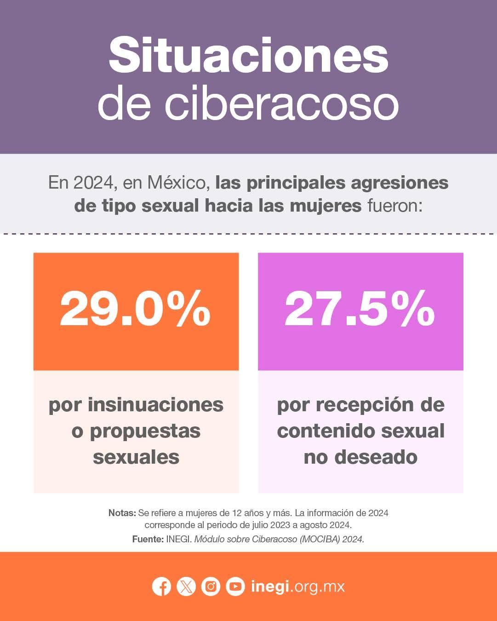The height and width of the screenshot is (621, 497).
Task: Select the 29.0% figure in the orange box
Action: pyautogui.click(x=135, y=308)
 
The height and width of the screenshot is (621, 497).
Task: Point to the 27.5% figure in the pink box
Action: pyautogui.click(x=360, y=308)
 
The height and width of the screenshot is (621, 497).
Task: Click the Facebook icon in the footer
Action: pyautogui.click(x=161, y=586)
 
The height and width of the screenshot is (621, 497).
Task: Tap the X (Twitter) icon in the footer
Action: pyautogui.click(x=186, y=586)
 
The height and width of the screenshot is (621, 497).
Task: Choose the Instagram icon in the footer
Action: pyautogui.click(x=211, y=586)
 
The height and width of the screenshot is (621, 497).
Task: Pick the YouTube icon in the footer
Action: pyautogui.click(x=235, y=586)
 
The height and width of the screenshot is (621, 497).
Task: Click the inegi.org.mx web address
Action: pyautogui.click(x=298, y=586)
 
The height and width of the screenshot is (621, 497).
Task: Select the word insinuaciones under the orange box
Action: pyautogui.click(x=155, y=405)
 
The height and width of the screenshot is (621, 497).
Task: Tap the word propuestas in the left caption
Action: pyautogui.click(x=145, y=431)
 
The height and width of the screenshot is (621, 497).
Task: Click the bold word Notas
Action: pyautogui.click(x=122, y=513)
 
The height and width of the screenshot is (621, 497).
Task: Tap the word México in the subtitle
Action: pyautogui.click(x=176, y=183)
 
